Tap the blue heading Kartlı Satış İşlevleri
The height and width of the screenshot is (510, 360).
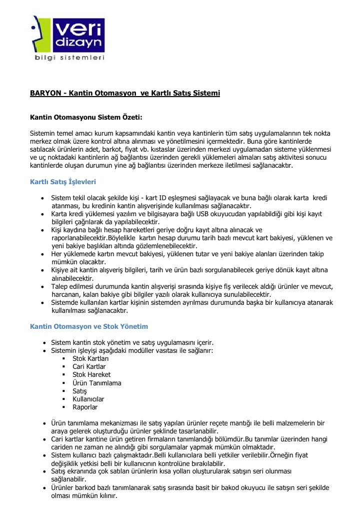[63, 182]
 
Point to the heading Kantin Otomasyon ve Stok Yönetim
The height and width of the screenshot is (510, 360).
[89, 326]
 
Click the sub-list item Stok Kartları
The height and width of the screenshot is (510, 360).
[90, 359]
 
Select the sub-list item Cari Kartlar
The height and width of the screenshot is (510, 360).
[89, 367]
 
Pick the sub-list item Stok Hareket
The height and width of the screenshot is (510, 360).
[91, 375]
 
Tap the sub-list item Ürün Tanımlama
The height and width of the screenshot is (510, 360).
[97, 383]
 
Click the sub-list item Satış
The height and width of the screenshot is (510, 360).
[80, 391]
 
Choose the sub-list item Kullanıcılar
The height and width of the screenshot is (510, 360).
[88, 399]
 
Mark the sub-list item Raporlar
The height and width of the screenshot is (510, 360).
[85, 407]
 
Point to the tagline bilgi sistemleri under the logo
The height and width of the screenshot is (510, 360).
[69, 58]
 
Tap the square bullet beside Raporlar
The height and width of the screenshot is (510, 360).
[64, 407]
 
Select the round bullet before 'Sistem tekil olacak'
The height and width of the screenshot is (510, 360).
[45, 198]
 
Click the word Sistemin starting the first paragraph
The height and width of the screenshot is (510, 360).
[43, 134]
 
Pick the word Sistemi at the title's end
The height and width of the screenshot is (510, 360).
[207, 94]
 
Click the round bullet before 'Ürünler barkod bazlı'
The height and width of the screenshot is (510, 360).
[45, 488]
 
